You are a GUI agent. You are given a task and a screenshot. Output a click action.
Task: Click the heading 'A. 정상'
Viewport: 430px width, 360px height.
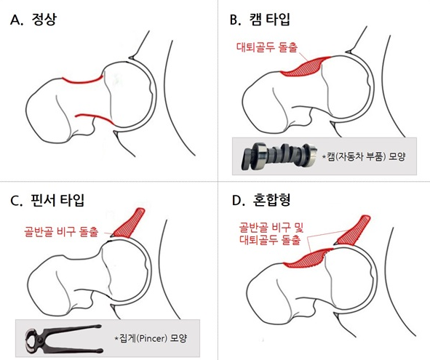pyautogui.click(x=33, y=20)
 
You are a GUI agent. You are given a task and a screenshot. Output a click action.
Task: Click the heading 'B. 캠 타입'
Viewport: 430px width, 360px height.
pyautogui.click(x=260, y=20)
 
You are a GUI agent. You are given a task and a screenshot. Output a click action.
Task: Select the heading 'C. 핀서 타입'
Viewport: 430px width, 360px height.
pyautogui.click(x=47, y=200)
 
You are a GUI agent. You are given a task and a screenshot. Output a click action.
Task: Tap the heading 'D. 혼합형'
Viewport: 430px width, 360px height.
pyautogui.click(x=260, y=200)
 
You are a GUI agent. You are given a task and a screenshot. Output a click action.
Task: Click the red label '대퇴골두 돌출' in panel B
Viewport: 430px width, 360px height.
pyautogui.click(x=267, y=47)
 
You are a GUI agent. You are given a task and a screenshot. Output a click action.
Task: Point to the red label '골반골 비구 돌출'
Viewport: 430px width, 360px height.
pyautogui.click(x=61, y=232)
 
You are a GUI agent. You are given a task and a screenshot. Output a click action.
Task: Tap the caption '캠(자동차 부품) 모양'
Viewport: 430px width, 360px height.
pyautogui.click(x=364, y=156)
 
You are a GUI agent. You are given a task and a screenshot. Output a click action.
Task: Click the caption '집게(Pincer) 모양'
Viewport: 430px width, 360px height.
pyautogui.click(x=151, y=338)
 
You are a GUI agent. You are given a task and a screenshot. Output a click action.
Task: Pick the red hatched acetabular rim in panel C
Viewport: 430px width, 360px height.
pyautogui.click(x=129, y=223)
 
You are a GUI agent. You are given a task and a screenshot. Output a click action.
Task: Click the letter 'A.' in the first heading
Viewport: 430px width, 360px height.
pyautogui.click(x=17, y=20)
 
